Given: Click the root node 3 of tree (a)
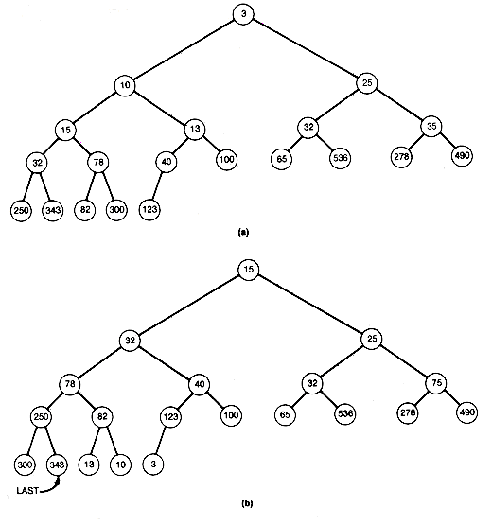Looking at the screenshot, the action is pos(243,14).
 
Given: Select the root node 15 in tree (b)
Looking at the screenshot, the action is pos(248,270).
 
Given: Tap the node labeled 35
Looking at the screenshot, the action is pos(431,126).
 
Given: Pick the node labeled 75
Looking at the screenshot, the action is pos(436,383).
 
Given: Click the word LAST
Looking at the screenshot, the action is pos(27,491).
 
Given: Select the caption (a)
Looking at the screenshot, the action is pos(243,232).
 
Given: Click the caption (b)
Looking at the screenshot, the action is pos(247,503).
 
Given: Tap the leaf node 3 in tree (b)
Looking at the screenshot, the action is pos(153,465).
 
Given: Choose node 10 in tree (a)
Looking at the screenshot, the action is pos(125,85).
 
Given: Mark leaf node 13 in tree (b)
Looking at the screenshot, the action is pos(89,465).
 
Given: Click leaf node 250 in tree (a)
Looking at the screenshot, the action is pos(21,210).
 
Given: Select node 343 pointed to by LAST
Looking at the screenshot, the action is pos(57,465).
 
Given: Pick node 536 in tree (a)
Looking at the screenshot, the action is pos(341,158).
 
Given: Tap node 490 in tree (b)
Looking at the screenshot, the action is pos(466,412).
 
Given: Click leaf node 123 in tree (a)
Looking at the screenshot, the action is pos(149,210).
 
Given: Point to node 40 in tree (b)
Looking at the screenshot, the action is pos(200,384).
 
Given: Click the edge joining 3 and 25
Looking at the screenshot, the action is pos(306,48).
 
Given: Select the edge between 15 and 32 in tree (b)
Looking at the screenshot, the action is pos(189,305).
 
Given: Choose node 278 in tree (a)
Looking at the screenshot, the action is pos(401,157).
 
